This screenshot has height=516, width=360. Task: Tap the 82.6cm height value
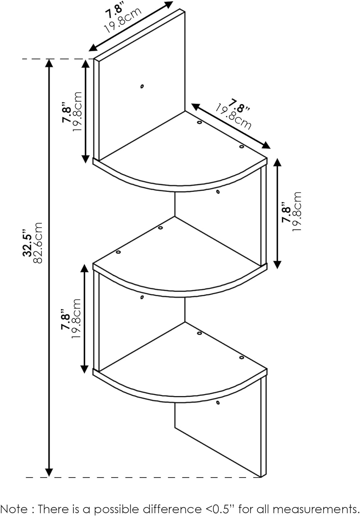38,243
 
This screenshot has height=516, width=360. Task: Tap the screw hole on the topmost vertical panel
142,86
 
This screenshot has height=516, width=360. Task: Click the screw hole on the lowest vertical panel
218,403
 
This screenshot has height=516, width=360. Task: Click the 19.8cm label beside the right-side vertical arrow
297,212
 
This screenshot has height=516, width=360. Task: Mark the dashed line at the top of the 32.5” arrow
57,59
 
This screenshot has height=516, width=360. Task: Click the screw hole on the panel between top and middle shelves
218,192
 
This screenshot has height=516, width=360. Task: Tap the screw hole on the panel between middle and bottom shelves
142,298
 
